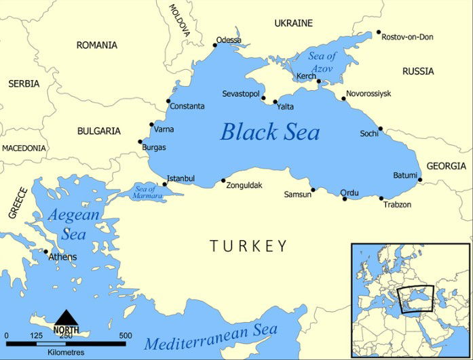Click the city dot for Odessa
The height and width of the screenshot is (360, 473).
215,45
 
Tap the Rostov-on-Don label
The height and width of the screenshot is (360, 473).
407,37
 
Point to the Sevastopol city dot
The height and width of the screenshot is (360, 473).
263,98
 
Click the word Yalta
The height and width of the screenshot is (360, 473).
285,106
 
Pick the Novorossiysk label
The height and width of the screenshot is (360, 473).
368,94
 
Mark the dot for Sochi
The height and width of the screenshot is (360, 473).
380,128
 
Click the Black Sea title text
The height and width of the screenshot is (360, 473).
269,132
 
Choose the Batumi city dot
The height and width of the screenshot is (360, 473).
420,180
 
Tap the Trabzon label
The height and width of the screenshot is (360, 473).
397,204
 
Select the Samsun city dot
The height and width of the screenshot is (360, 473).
313,190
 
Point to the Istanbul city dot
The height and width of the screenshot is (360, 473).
165,184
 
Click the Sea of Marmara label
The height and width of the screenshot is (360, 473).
149,192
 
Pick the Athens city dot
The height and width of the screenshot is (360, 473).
46,252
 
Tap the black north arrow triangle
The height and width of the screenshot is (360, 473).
66,318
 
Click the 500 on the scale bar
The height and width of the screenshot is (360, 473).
126,336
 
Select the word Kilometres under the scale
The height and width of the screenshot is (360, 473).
66,353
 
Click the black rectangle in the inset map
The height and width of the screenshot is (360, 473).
416,300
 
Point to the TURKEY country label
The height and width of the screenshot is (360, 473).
248,245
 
